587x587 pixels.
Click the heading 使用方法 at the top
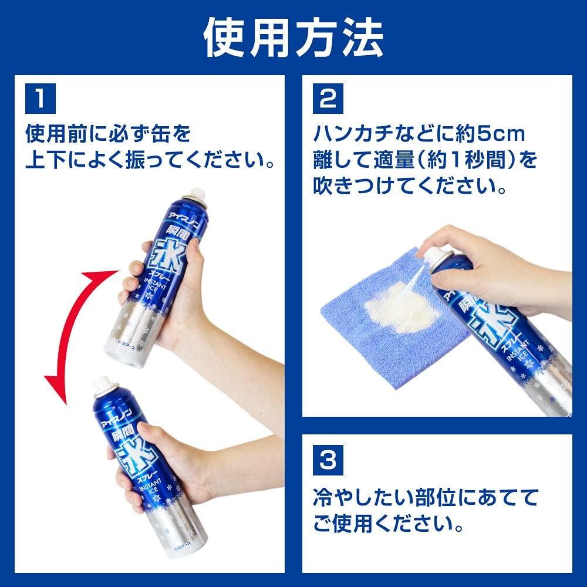(x=293, y=39)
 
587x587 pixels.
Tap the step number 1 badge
(x=40, y=99)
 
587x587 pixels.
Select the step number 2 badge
(x=327, y=99)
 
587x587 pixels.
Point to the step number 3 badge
(x=327, y=459)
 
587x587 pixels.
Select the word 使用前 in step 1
(x=56, y=134)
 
